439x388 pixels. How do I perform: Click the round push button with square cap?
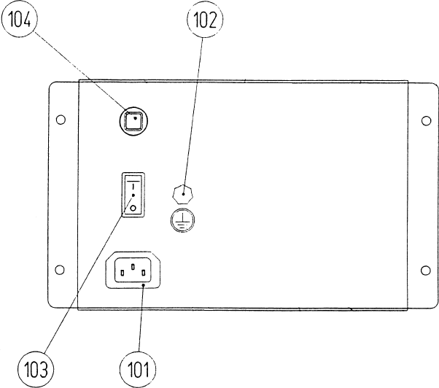coord(133,122)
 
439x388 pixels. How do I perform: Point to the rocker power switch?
coord(133,195)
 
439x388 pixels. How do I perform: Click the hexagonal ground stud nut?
coord(184,194)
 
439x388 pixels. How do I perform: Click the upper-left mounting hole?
coord(61,118)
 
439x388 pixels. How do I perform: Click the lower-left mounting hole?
coord(61,271)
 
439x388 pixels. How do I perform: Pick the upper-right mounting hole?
coord(426,118)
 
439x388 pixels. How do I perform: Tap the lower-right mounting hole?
coord(426,271)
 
